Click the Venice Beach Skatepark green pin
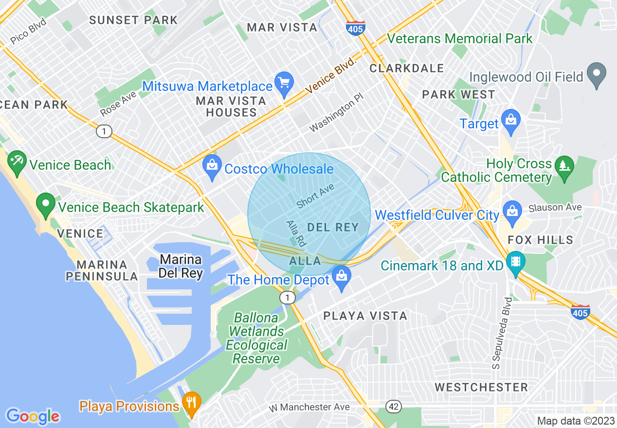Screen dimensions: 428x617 pyautogui.click(x=46, y=205)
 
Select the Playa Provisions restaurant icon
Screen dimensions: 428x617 pyautogui.click(x=192, y=404)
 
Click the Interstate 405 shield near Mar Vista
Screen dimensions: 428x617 pyautogui.click(x=355, y=28)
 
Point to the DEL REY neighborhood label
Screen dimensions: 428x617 pyautogui.click(x=333, y=227)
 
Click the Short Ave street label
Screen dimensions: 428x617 pyautogui.click(x=315, y=196)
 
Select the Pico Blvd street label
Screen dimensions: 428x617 pyautogui.click(x=28, y=31)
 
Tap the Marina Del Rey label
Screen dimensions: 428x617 pyautogui.click(x=181, y=266)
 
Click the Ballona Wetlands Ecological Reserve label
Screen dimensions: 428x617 pyautogui.click(x=256, y=339)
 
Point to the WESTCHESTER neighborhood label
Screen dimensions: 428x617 pyautogui.click(x=481, y=387)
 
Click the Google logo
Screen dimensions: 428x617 pyautogui.click(x=33, y=416)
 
